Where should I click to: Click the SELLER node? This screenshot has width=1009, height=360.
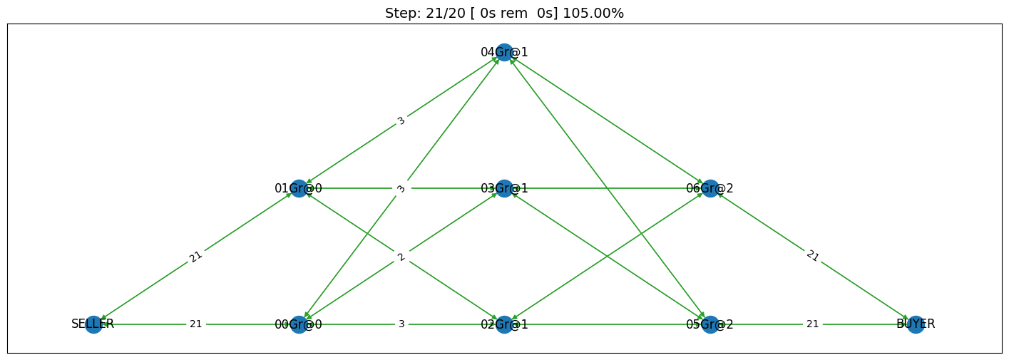[93, 324]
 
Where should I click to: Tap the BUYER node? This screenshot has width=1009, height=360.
[916, 324]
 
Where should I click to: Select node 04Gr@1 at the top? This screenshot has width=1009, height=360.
[505, 52]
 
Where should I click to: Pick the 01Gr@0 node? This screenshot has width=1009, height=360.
[299, 188]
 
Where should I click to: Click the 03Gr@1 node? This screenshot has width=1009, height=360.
[505, 188]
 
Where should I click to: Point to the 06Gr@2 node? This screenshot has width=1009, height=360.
[710, 188]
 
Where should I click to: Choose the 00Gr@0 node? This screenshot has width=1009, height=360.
[299, 324]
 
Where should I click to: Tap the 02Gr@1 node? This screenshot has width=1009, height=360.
[505, 324]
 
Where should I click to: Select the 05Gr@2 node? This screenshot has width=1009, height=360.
[710, 324]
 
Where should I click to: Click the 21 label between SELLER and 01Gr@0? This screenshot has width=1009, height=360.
[195, 257]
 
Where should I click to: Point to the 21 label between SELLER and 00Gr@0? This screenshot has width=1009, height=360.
[195, 324]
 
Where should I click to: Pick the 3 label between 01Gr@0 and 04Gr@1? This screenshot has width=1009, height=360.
[401, 120]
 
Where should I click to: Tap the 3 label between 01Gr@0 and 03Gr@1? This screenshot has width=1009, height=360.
[401, 188]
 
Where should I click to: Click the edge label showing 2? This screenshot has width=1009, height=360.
[401, 257]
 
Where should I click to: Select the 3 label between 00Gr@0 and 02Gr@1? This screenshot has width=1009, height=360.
[401, 324]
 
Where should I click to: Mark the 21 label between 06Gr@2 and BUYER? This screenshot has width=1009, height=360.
[813, 256]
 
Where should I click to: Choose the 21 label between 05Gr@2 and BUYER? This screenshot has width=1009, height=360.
[813, 324]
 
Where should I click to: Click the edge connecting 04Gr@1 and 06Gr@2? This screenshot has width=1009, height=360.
[608, 120]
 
